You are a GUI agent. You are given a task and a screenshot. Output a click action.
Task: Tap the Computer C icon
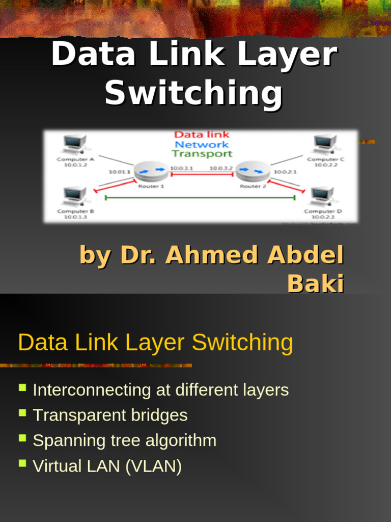(325, 144)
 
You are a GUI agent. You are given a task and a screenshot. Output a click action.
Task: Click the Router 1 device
(151, 171)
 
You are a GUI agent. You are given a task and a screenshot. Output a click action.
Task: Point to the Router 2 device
(253, 171)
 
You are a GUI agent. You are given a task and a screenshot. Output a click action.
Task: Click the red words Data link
(202, 135)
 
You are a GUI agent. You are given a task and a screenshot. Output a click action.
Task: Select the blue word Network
(202, 144)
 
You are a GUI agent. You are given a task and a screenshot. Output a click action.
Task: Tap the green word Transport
(202, 153)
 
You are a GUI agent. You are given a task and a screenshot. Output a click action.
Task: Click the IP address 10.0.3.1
(181, 168)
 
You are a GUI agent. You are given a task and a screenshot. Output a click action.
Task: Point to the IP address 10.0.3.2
(221, 168)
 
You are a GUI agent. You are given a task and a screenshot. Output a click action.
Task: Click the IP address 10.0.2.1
(285, 172)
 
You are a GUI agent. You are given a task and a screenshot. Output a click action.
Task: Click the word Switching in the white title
(193, 93)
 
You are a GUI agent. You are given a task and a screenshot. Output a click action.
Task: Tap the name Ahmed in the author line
(213, 255)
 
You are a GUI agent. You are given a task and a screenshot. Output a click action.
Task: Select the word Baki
(316, 283)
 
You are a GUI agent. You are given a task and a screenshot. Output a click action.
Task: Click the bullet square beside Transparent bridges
(22, 413)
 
